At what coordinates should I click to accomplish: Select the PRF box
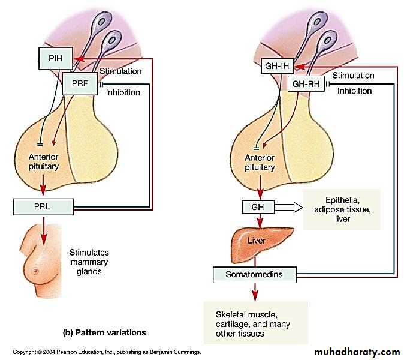80,83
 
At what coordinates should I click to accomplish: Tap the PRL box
43,208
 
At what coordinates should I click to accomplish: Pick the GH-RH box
306,84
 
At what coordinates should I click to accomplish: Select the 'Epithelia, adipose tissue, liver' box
342,209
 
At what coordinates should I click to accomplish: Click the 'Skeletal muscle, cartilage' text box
255,323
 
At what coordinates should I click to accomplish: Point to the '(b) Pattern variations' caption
104,331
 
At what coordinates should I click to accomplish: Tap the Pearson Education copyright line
107,352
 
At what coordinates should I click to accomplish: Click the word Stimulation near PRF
120,71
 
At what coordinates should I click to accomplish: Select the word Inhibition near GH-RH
354,91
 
